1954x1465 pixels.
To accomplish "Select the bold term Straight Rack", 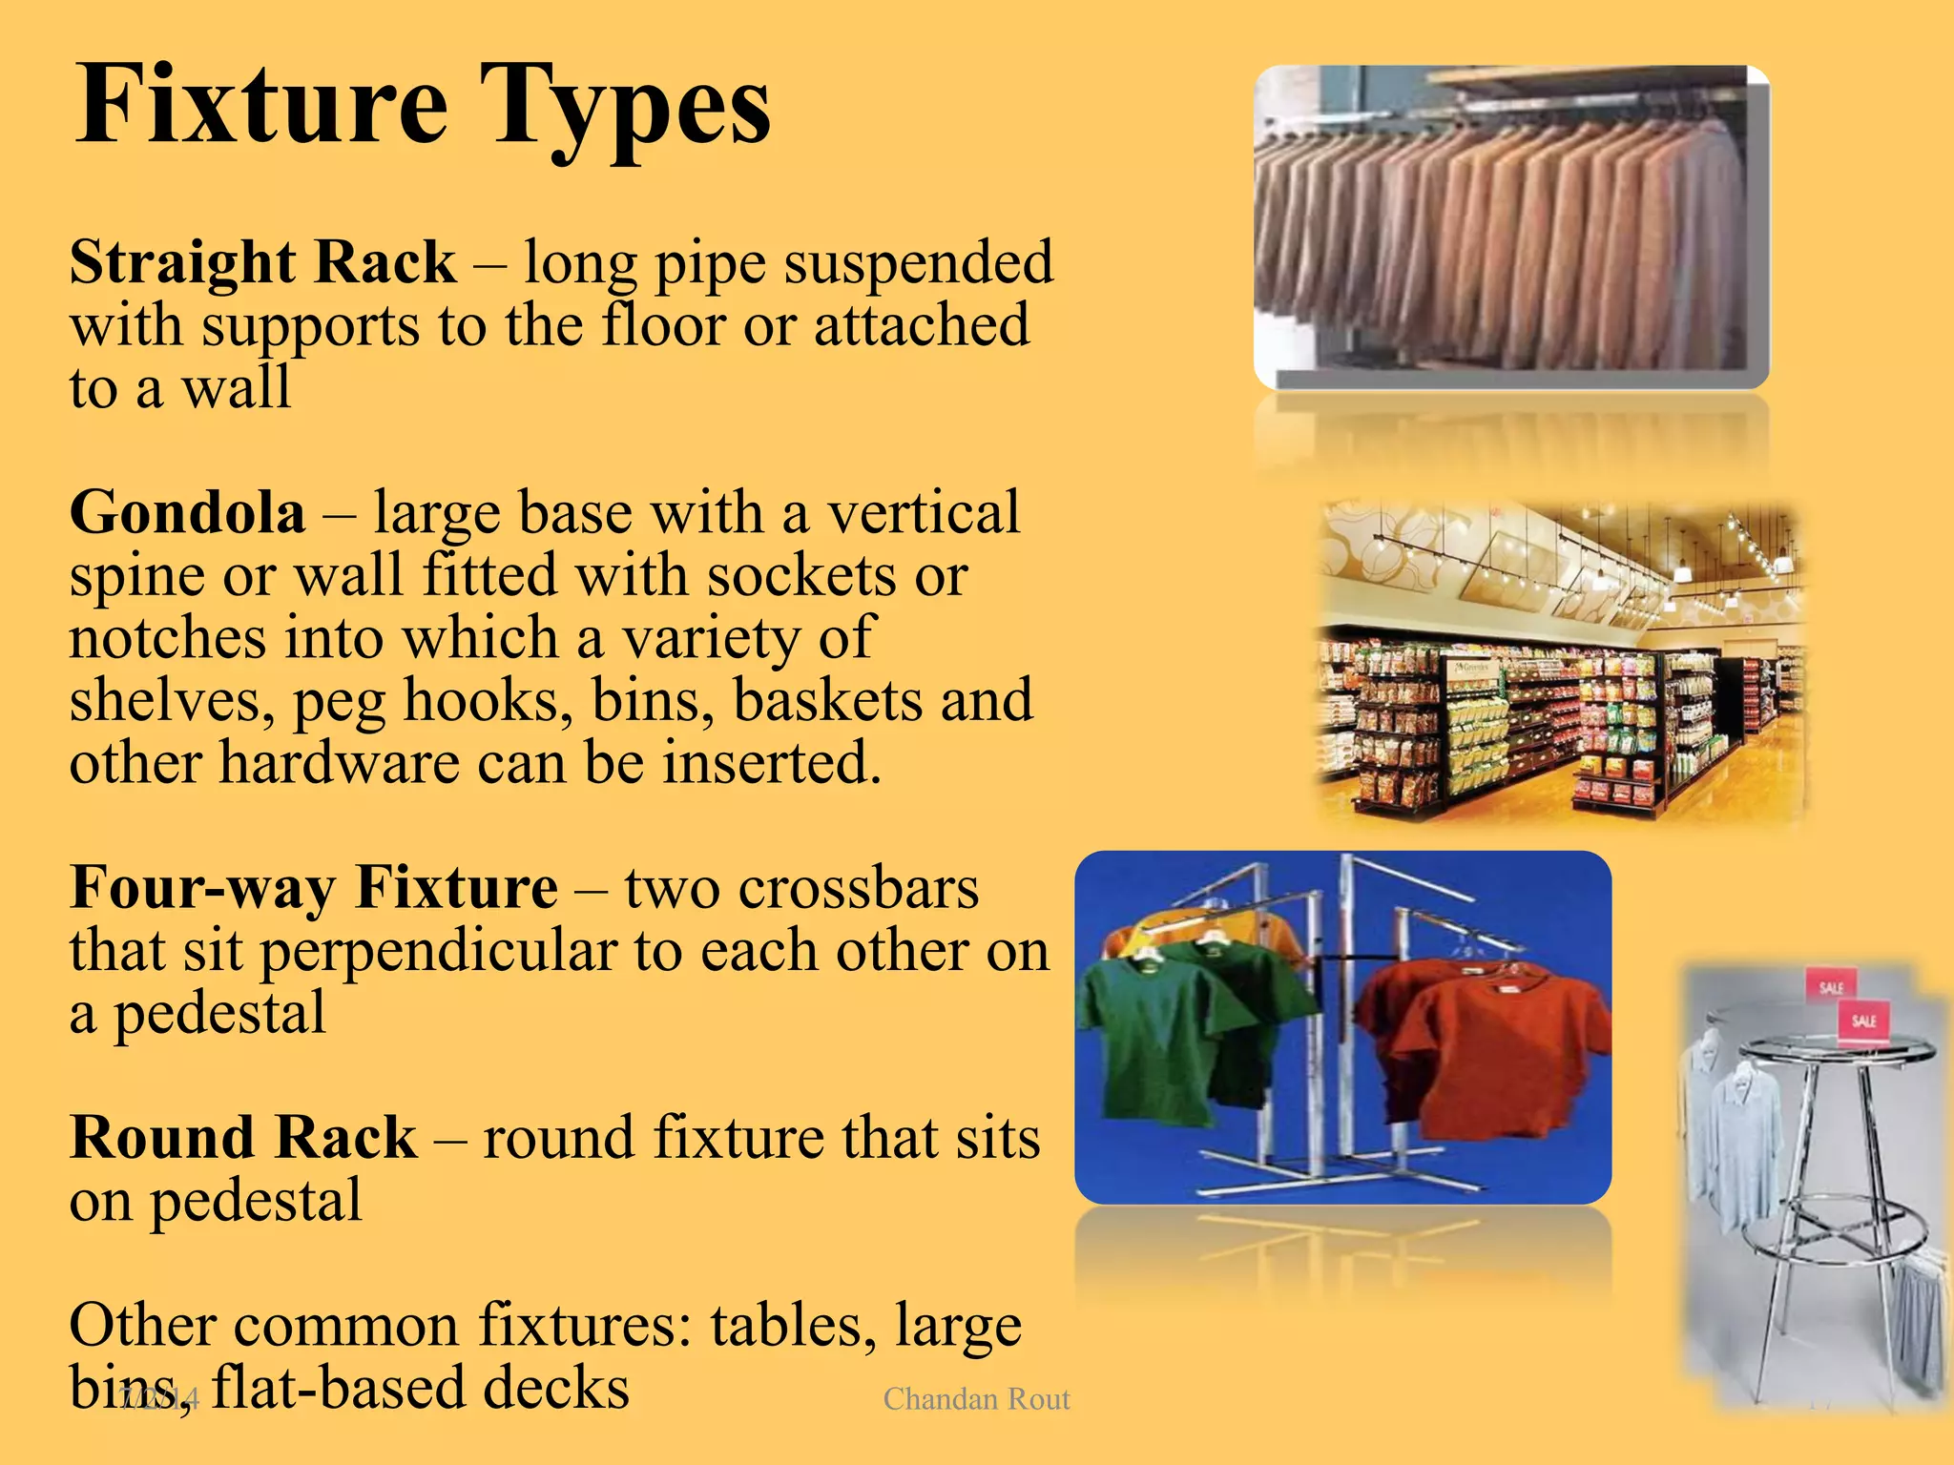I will [262, 262].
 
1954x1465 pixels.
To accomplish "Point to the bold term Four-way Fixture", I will [314, 888].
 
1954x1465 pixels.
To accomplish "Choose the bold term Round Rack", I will [243, 1138].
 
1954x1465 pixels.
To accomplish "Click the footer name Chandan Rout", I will [976, 1398].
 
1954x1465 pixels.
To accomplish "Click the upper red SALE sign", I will [1830, 987].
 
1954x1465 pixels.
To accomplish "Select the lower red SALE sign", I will [1863, 1021].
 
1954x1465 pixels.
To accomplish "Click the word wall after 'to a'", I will [236, 388].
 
